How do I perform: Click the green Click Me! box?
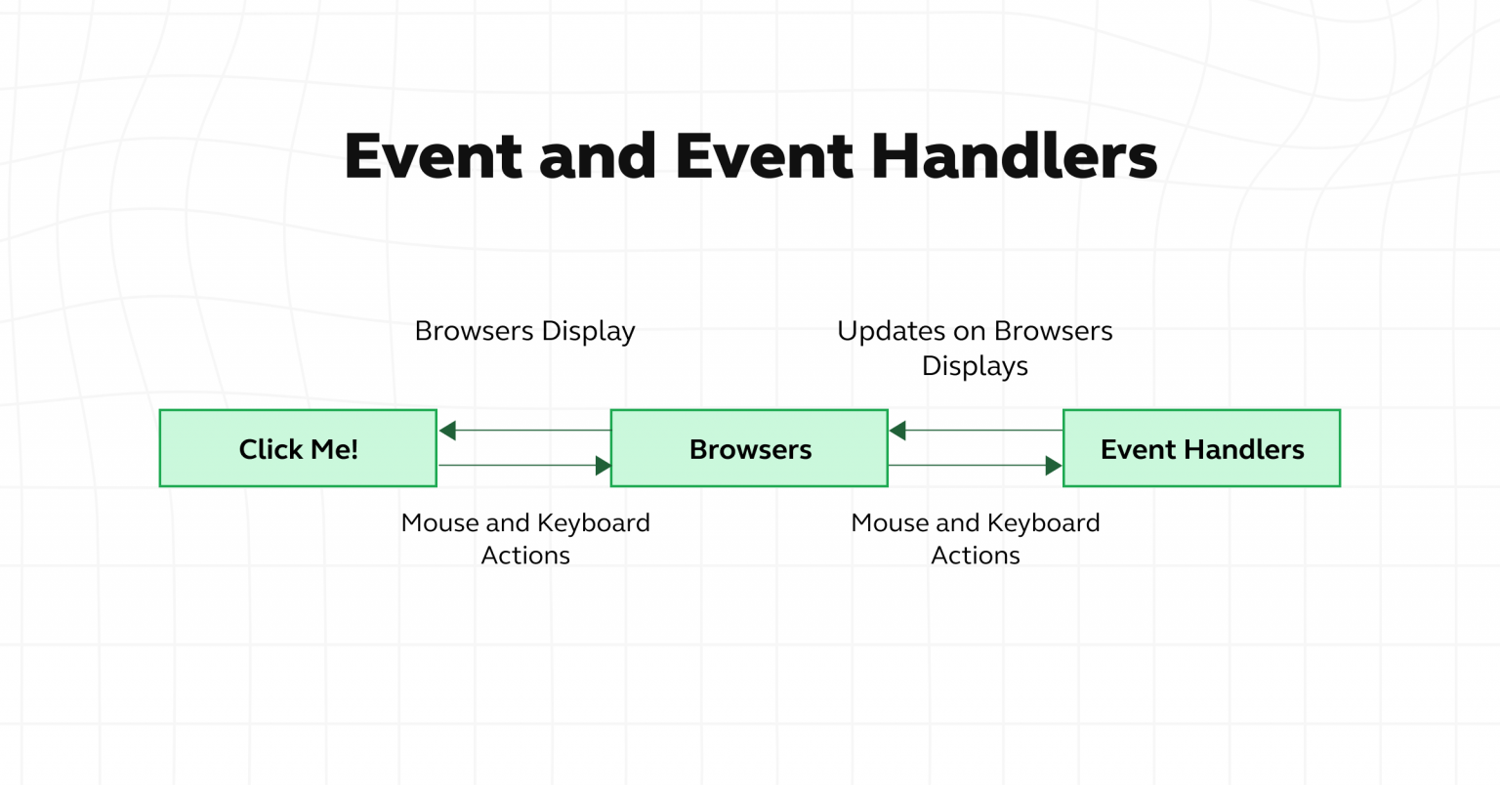click(x=298, y=448)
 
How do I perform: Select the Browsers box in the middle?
click(x=749, y=448)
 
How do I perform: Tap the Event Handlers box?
click(x=1201, y=448)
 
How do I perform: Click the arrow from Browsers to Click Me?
click(x=524, y=431)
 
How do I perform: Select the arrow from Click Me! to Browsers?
click(x=524, y=466)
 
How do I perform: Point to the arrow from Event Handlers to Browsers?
click(x=975, y=431)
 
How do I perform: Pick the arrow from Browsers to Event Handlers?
click(x=975, y=466)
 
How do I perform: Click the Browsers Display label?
click(x=524, y=331)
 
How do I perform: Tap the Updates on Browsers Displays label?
click(x=975, y=348)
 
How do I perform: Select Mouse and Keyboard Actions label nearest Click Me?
click(x=524, y=539)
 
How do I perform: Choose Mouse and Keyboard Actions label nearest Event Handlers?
click(x=975, y=539)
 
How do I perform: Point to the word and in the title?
click(x=597, y=156)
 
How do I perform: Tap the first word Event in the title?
click(x=433, y=156)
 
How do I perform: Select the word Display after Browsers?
click(x=588, y=331)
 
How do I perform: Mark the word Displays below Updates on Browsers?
click(x=975, y=366)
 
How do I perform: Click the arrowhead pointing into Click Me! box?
click(x=447, y=431)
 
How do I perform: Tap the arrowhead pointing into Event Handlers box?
click(x=1053, y=466)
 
